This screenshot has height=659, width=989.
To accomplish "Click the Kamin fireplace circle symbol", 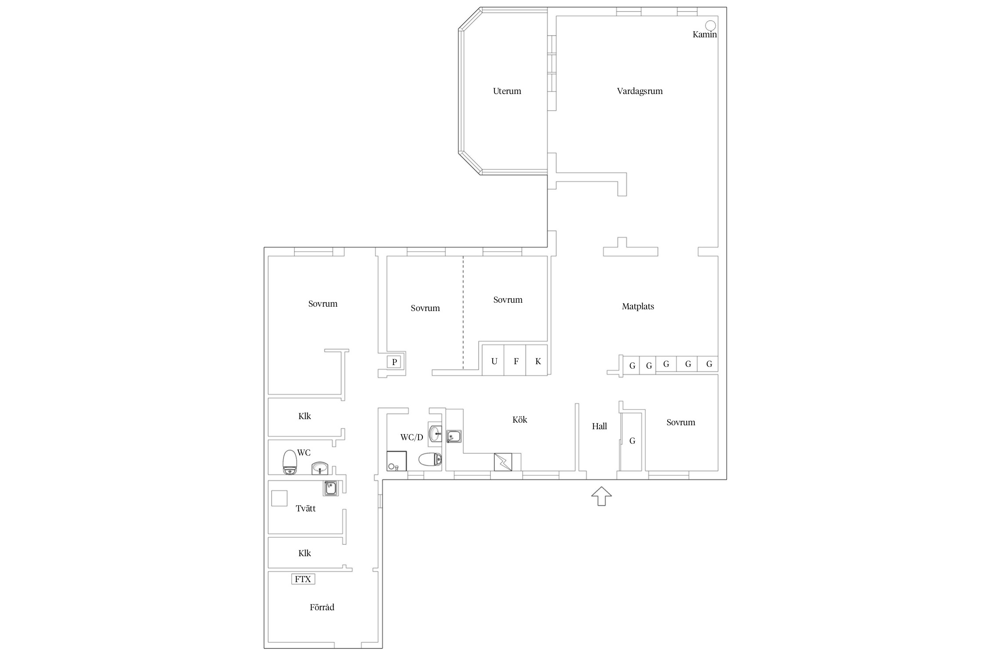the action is tap(710, 25).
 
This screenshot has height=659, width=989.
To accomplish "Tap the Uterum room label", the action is tap(507, 91).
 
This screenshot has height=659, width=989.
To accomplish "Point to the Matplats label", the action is tap(638, 307).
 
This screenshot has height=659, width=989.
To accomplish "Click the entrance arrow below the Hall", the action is tap(601, 496).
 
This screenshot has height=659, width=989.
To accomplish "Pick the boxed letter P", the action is tap(394, 362).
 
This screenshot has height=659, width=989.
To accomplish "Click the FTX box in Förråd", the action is tap(303, 579).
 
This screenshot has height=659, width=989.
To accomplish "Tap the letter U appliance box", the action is tap(493, 360).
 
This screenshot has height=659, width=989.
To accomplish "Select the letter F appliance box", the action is tap(515, 360).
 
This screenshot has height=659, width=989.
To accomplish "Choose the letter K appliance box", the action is tap(537, 360).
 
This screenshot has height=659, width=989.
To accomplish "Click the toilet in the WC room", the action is tap(290, 462).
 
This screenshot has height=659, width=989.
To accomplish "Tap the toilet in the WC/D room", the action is tap(430, 460).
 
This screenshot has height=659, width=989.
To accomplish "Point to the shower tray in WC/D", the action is tap(396, 461).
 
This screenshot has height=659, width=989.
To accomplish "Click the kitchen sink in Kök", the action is tap(454, 437).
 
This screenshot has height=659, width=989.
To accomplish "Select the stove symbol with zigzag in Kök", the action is tap(503, 462).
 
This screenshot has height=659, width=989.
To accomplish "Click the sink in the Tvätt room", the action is tap(331, 488).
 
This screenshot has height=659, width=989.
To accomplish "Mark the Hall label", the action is tap(599, 426).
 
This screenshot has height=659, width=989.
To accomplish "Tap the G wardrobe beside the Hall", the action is tap(632, 441).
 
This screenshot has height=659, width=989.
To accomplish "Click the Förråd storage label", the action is tap(322, 607).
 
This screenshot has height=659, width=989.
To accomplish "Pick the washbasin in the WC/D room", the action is tap(435, 433).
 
